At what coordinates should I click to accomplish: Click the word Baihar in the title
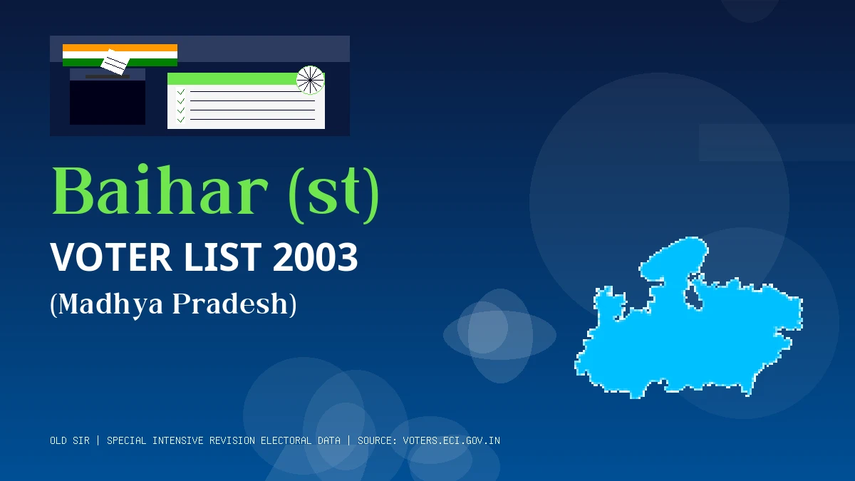pyautogui.click(x=159, y=192)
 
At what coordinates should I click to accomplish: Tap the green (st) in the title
pyautogui.click(x=333, y=192)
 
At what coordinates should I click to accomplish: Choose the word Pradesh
pyautogui.click(x=231, y=304)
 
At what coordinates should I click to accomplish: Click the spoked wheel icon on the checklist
pyautogui.click(x=310, y=80)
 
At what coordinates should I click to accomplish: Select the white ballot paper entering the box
pyautogui.click(x=115, y=63)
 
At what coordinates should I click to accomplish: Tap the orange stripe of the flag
pyautogui.click(x=120, y=48)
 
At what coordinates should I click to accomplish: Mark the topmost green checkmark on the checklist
pyautogui.click(x=181, y=92)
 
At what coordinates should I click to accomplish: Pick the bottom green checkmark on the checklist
pyautogui.click(x=181, y=120)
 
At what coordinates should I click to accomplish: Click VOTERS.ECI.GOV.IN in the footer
pyautogui.click(x=451, y=440)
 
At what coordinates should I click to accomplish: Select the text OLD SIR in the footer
pyautogui.click(x=70, y=440)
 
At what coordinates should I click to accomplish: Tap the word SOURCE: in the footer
pyautogui.click(x=377, y=440)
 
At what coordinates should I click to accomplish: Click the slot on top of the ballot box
pyautogui.click(x=107, y=76)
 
